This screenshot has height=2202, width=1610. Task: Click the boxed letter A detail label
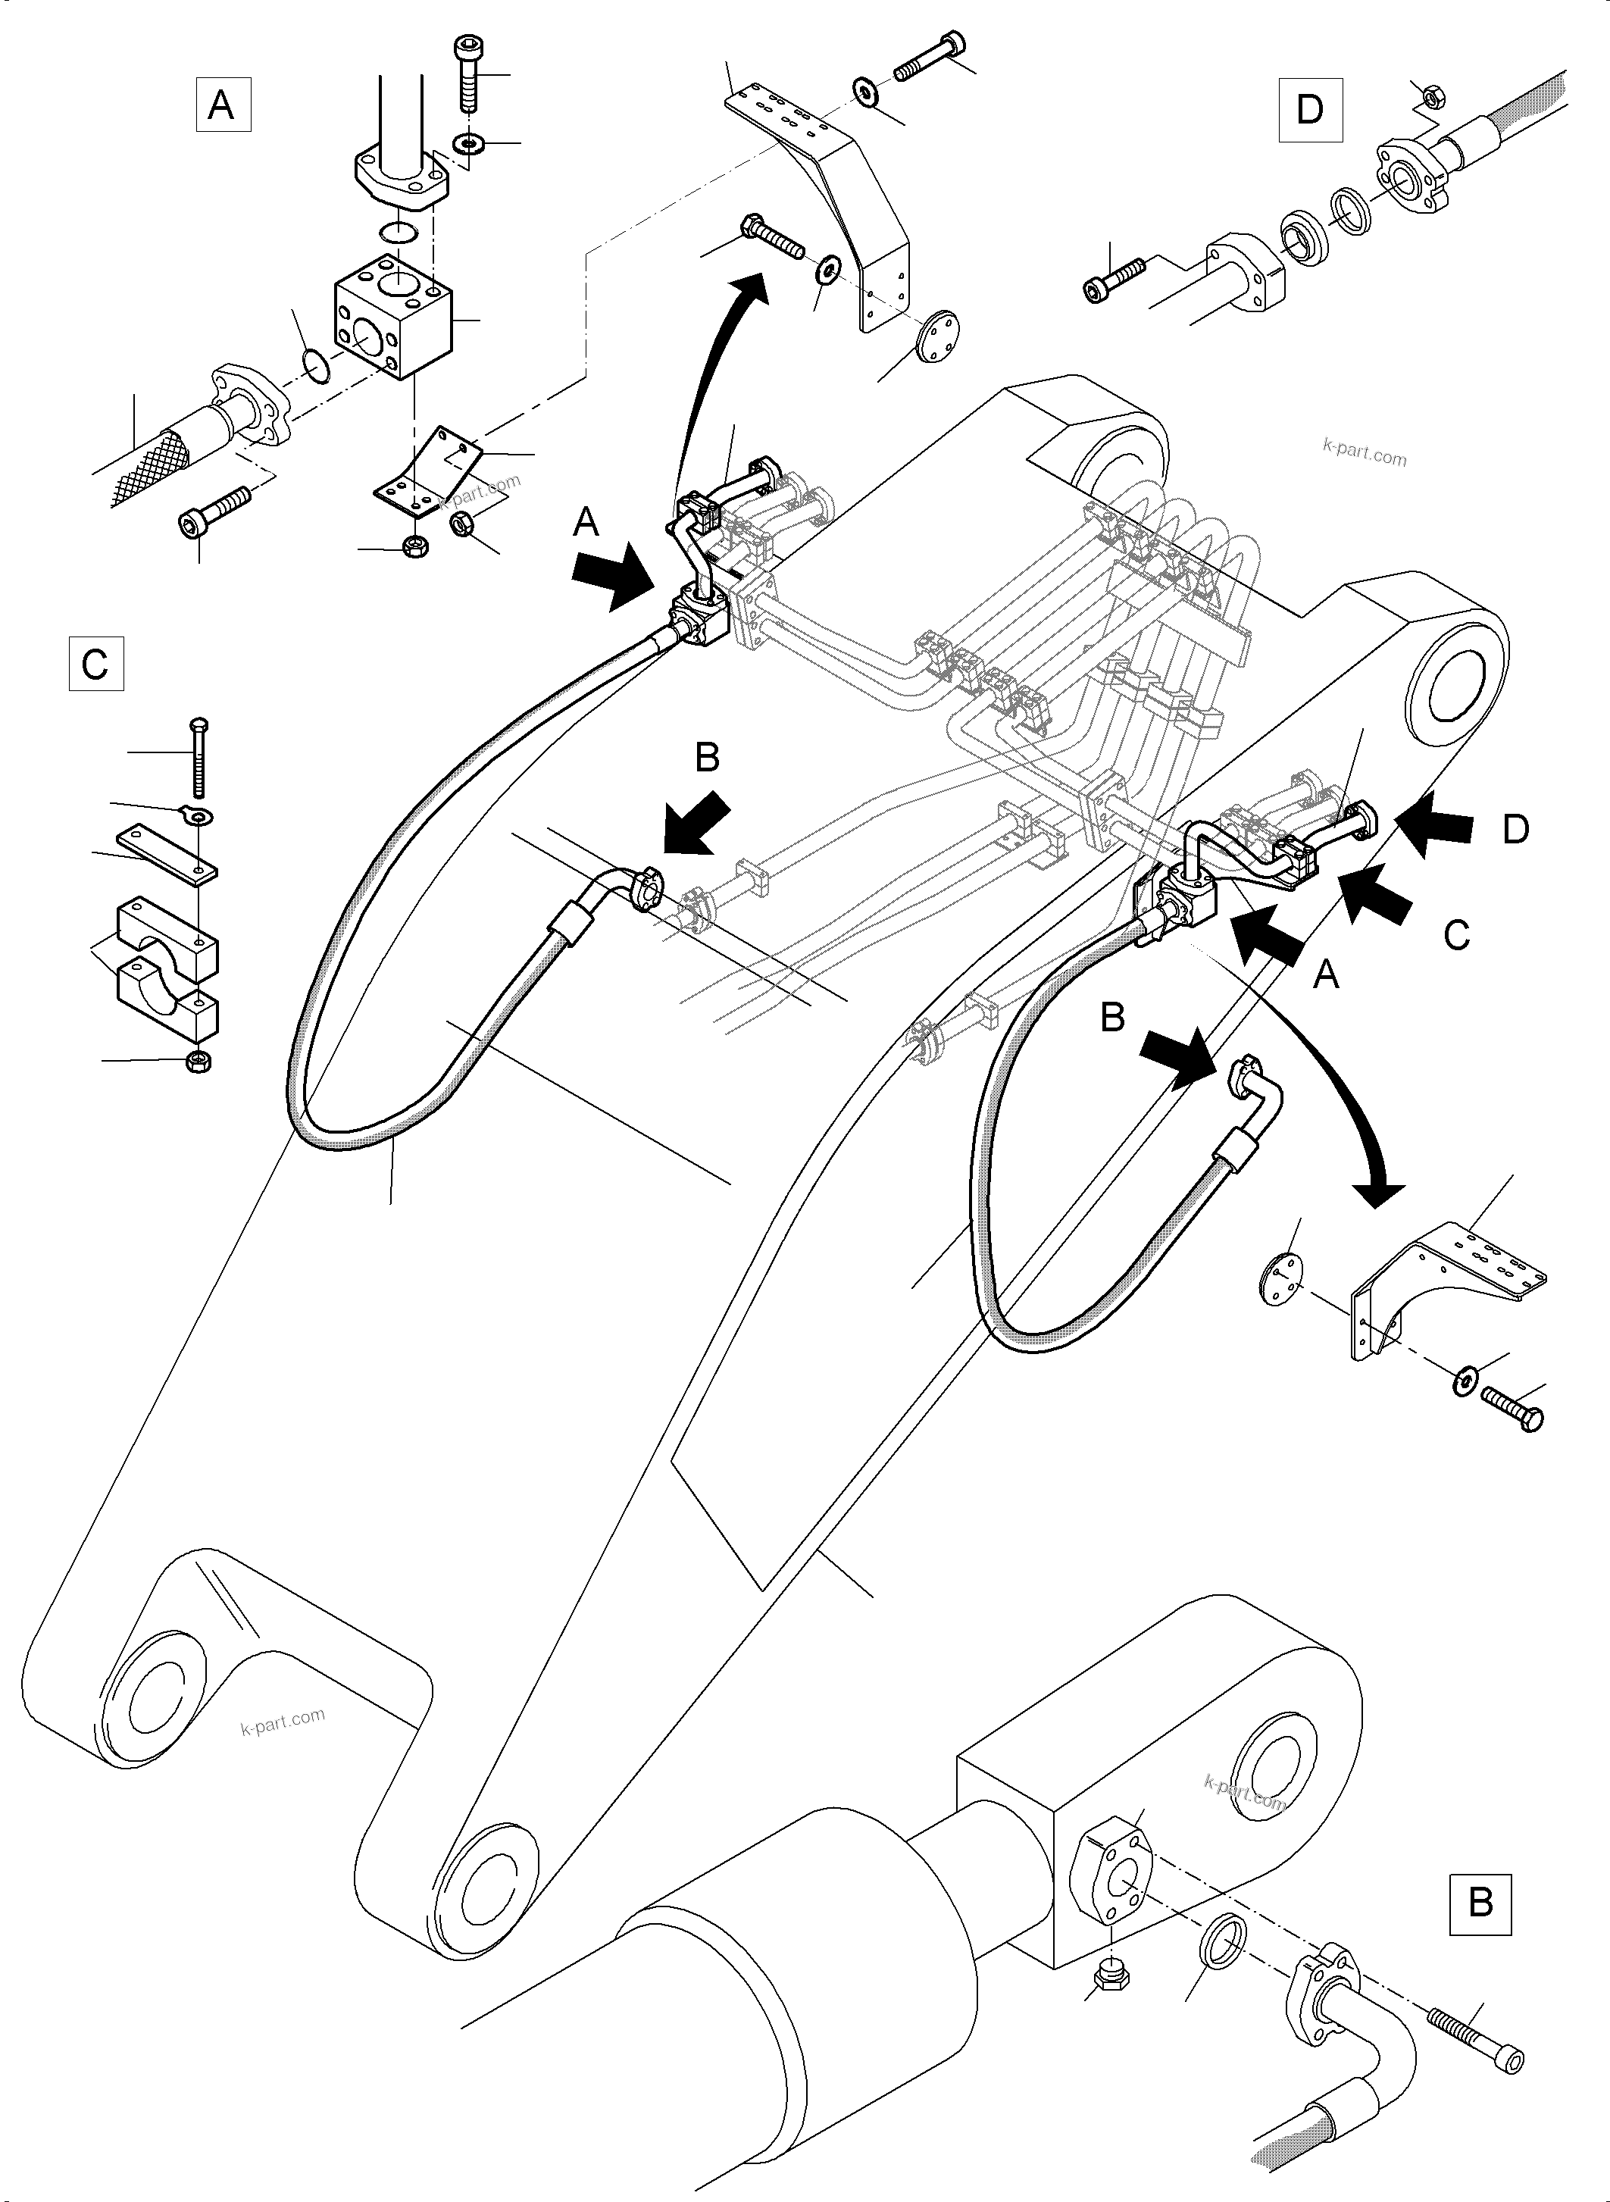pos(224,105)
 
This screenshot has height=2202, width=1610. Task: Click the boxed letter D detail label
pos(1309,109)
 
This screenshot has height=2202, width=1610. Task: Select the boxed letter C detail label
pos(95,664)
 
